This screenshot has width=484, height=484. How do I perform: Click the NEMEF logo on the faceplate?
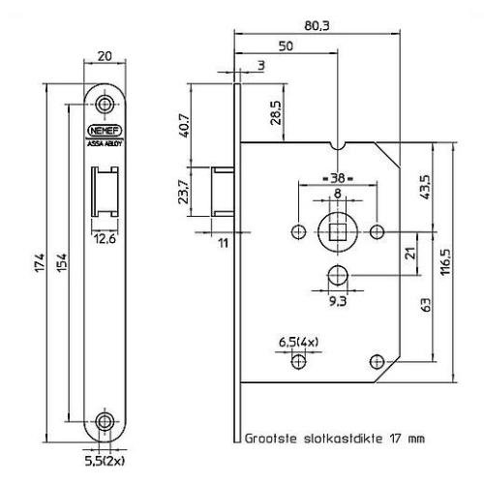(105, 128)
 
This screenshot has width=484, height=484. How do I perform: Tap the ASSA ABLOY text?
(105, 141)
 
